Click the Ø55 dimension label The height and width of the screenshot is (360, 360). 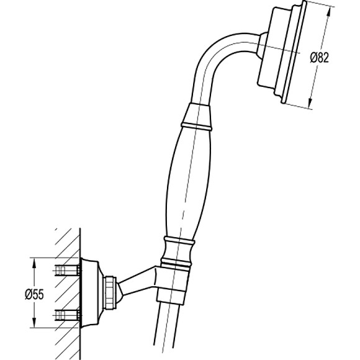point(34,294)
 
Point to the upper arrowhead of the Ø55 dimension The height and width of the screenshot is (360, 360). point(34,263)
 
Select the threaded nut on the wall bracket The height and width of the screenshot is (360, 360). point(110,292)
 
